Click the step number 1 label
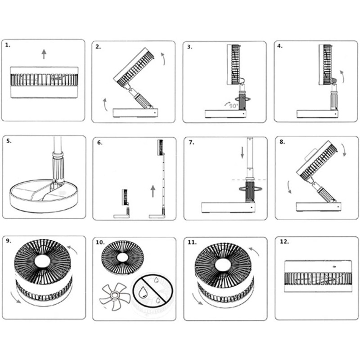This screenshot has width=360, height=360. coord(8,45)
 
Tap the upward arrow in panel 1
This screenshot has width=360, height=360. coord(44,54)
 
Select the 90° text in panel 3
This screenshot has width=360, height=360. coord(234,106)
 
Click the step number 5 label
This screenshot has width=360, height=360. coord(9,141)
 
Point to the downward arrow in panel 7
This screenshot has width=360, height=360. coord(242,153)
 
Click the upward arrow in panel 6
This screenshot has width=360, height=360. coord(153,192)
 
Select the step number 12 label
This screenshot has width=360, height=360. coord(284,242)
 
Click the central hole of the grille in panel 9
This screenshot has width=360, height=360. coord(42,261)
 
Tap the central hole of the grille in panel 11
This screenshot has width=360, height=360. coord(223,265)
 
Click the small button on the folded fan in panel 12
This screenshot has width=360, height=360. coord(334,266)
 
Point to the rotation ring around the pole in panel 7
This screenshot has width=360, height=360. coord(250,189)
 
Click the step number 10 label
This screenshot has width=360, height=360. coord(100,243)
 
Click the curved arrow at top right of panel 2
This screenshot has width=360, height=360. coord(163,59)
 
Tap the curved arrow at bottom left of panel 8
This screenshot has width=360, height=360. coord(289,187)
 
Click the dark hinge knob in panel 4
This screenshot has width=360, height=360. coord(334,81)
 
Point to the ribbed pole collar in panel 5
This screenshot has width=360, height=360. coord(58,166)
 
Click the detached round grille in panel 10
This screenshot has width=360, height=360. coord(122,257)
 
